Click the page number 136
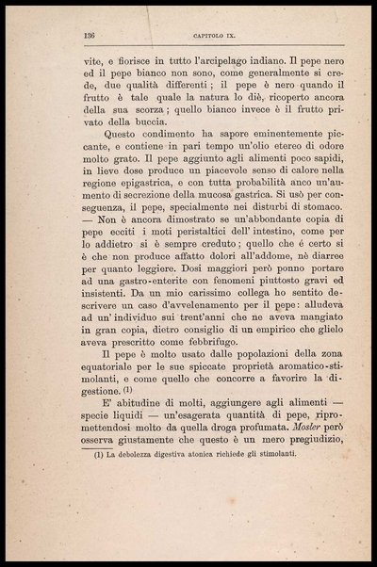coord(90,34)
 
